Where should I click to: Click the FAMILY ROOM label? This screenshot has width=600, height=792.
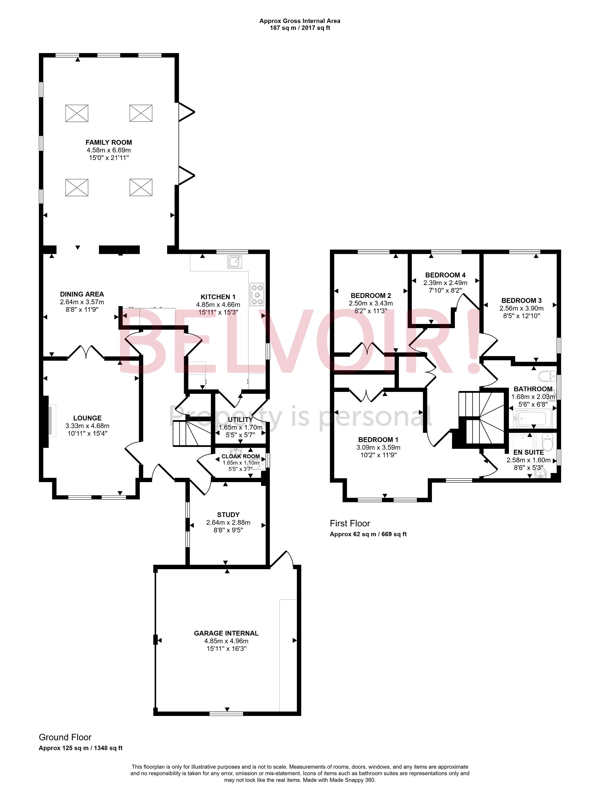(x=108, y=142)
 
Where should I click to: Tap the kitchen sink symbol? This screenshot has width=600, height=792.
(x=234, y=261)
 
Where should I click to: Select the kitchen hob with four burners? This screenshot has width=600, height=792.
(x=257, y=294)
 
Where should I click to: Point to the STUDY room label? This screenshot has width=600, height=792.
(x=228, y=514)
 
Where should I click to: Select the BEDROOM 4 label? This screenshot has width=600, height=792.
(x=445, y=275)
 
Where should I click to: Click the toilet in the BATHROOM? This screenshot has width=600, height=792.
(x=546, y=376)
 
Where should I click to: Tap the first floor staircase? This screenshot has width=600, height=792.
(x=481, y=417)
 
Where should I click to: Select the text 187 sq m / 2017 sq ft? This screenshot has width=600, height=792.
(x=299, y=28)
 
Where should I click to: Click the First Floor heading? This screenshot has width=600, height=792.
(x=350, y=524)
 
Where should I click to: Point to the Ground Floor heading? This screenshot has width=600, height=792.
(x=65, y=737)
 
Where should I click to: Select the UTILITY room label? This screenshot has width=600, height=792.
(x=240, y=419)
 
